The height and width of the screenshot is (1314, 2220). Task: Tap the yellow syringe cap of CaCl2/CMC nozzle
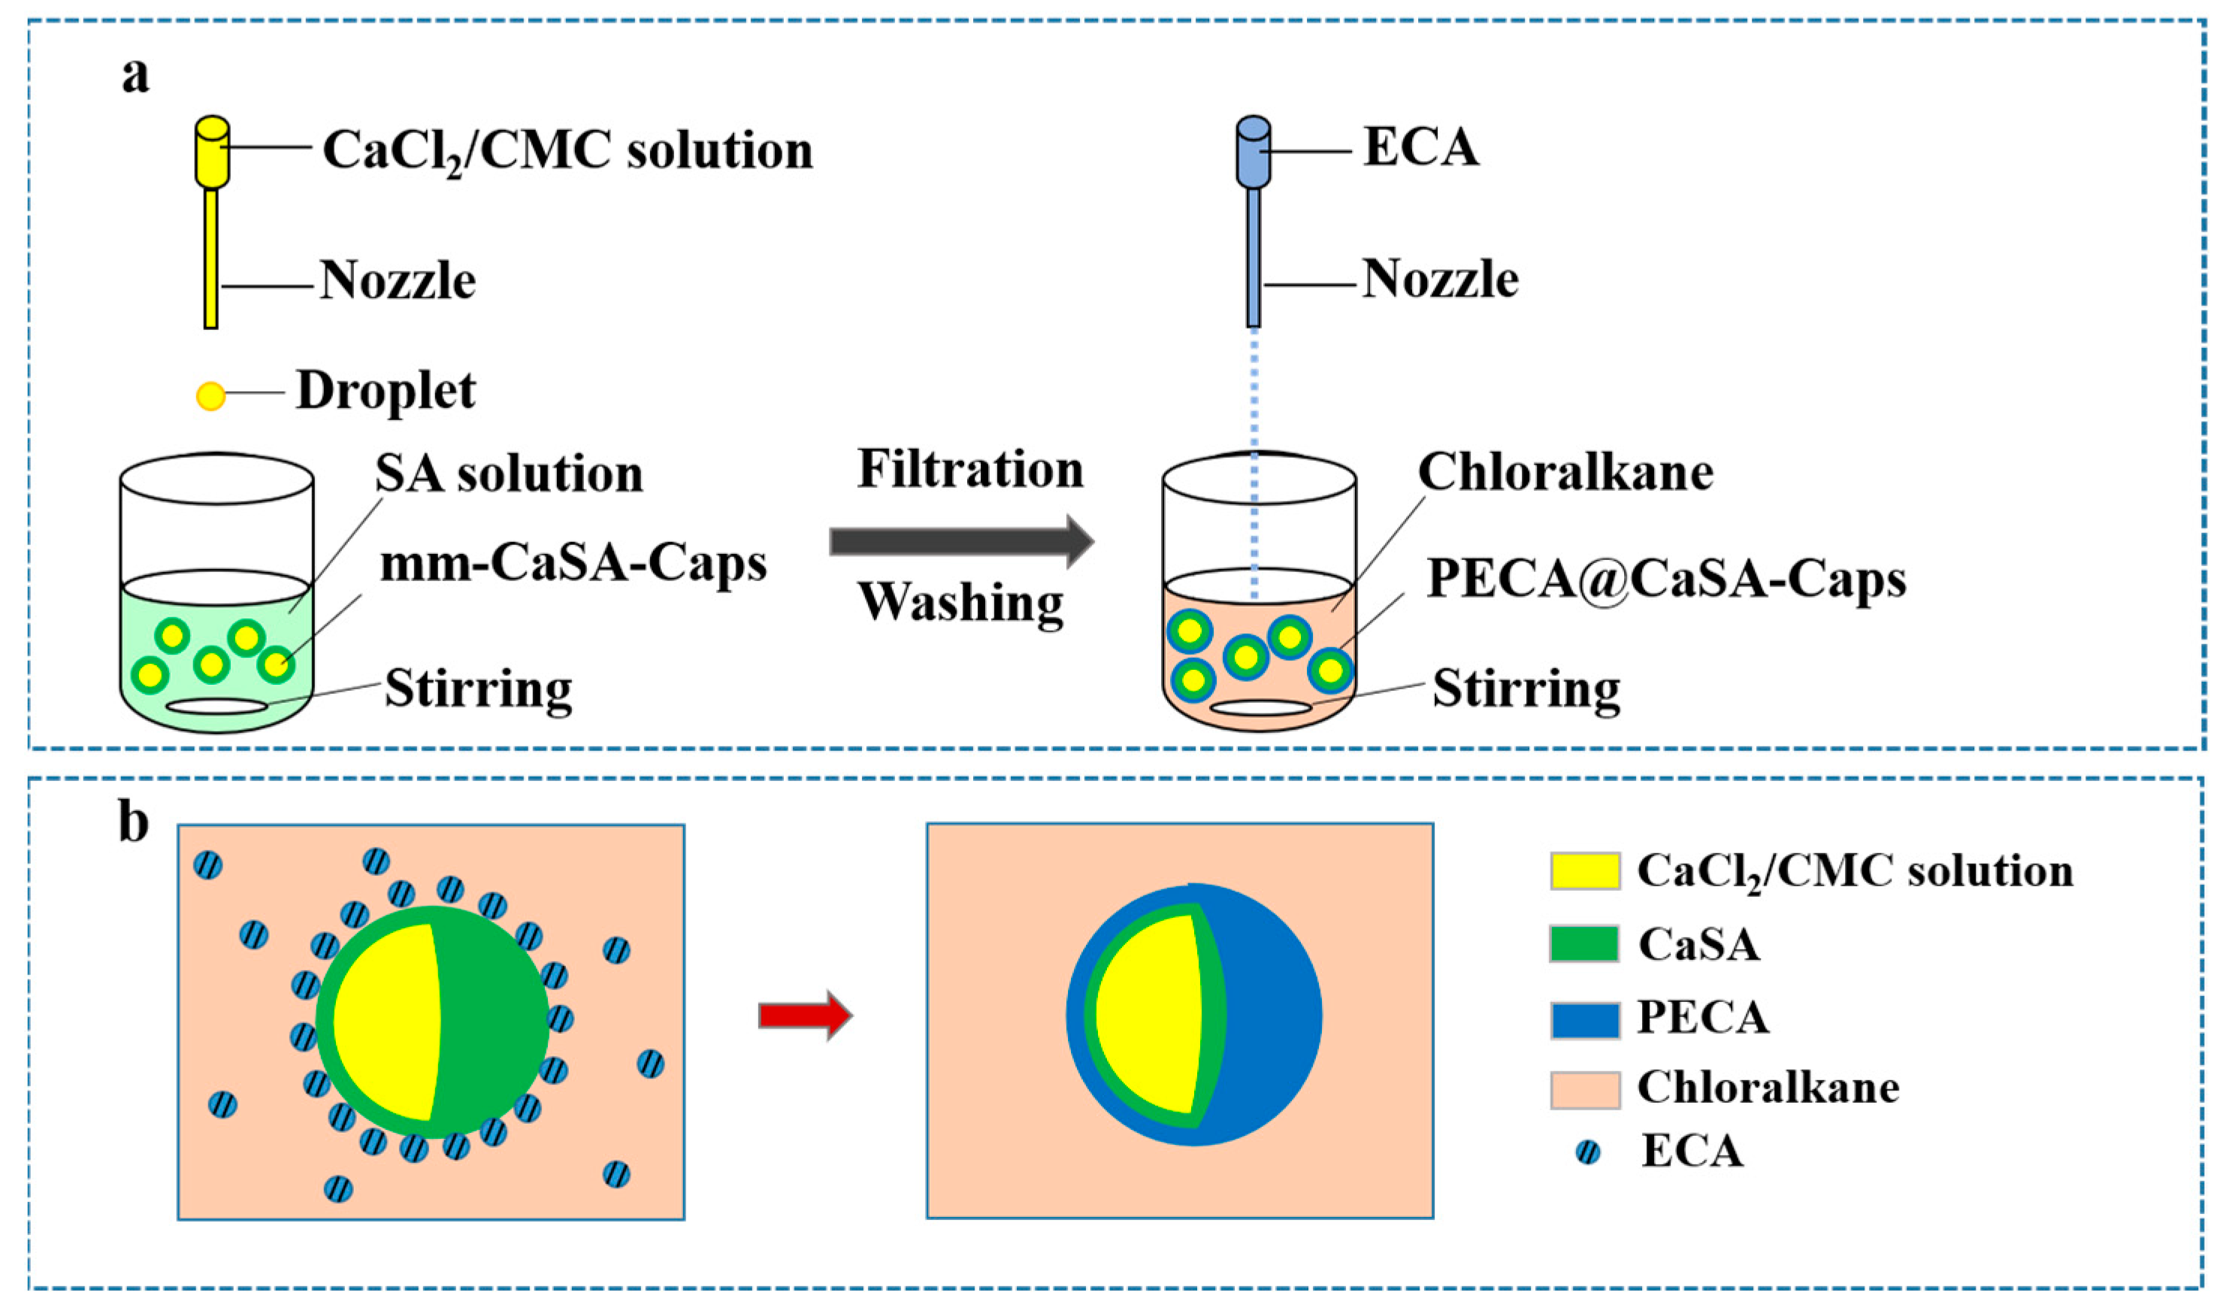[x=213, y=151]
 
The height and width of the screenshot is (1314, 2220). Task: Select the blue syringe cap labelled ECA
[x=1253, y=151]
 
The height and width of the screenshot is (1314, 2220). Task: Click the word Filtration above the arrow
[x=970, y=468]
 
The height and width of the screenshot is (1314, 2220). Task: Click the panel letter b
[x=134, y=822]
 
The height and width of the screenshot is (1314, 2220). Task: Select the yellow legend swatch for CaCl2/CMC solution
[x=1584, y=871]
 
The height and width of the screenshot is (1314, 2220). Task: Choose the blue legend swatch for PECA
[x=1584, y=1019]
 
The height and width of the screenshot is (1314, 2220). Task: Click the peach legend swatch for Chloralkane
[x=1584, y=1089]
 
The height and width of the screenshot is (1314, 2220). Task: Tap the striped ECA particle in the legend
[x=1588, y=1152]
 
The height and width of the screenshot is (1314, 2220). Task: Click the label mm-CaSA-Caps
[x=573, y=563]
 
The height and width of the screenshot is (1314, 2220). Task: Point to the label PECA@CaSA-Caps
[x=1666, y=580]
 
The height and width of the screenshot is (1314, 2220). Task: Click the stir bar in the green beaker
[x=217, y=706]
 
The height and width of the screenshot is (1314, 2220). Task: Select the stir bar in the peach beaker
[x=1260, y=707]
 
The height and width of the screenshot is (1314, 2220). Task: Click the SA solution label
[x=509, y=474]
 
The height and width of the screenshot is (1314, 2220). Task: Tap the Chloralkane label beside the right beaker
[x=1565, y=472]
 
